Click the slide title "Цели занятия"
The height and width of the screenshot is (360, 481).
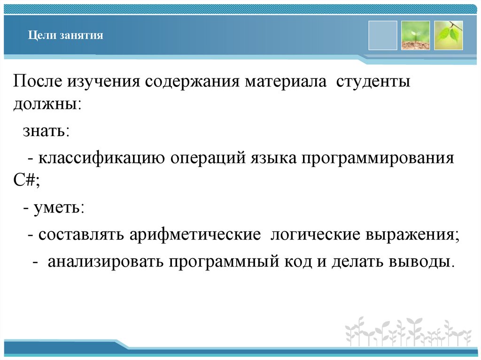[x=65, y=35]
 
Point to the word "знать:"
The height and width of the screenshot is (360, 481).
[x=46, y=131]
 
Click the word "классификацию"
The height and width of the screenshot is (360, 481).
[x=101, y=158]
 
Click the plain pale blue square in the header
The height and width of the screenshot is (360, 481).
[x=383, y=35]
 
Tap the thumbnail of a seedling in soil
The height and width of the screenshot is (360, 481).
[x=415, y=35]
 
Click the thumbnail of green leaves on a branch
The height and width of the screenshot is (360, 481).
[x=448, y=35]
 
